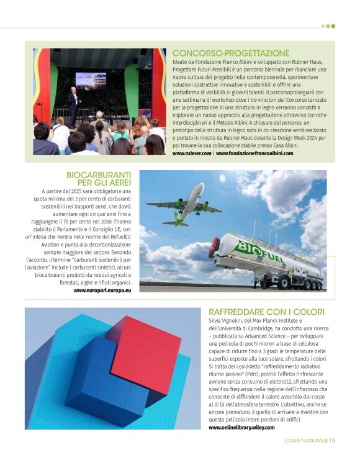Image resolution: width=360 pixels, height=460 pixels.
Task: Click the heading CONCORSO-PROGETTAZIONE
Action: (x=231, y=53)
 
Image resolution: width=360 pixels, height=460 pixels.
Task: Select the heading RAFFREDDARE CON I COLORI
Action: (x=266, y=311)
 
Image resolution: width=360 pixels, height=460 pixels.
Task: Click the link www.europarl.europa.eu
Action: (x=102, y=290)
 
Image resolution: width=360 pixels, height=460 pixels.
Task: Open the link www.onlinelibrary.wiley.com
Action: (x=242, y=427)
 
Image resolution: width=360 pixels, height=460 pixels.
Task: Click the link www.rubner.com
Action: (x=192, y=153)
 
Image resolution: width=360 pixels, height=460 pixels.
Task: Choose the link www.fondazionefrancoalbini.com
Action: (x=254, y=153)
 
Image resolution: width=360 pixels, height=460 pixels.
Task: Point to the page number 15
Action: (x=332, y=441)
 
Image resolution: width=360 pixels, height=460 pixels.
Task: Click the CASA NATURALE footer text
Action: (x=306, y=441)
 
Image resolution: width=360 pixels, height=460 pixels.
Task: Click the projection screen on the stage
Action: (x=91, y=79)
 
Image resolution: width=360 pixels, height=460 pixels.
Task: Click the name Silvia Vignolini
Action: (x=230, y=321)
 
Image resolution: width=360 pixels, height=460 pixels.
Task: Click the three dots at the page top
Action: (x=328, y=26)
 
